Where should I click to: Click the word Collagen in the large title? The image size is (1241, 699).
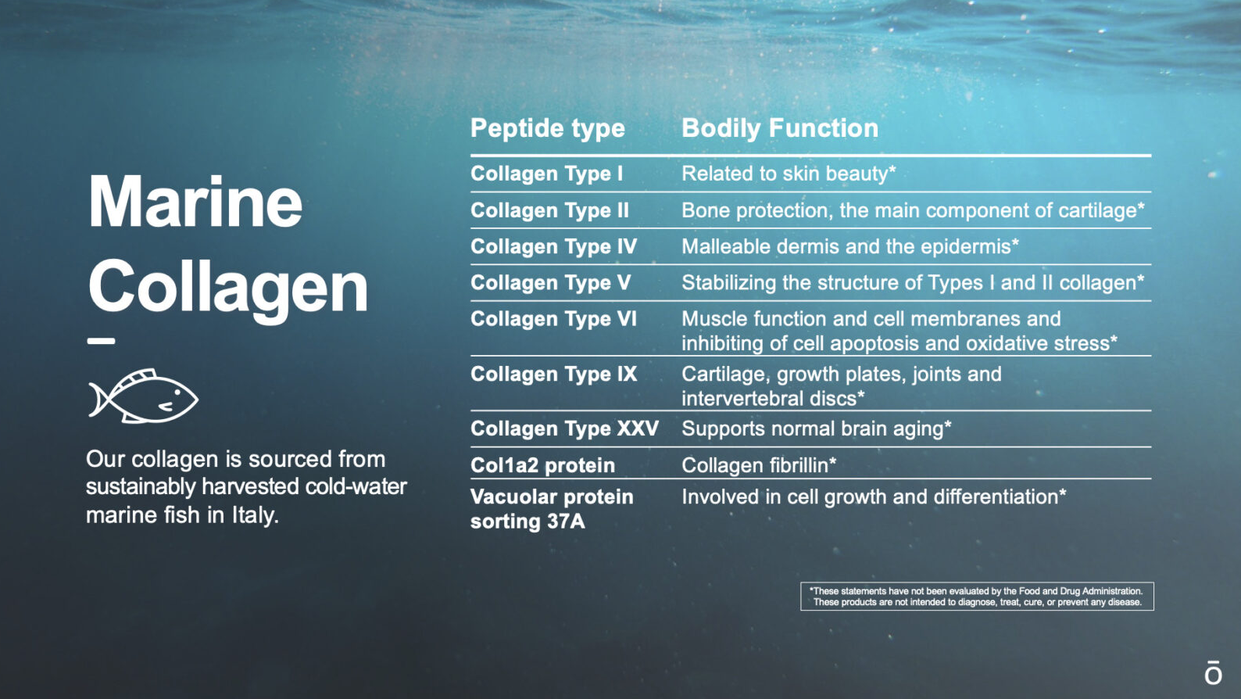227,289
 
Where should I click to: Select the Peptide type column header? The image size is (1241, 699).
547,128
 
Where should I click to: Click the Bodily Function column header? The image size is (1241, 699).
779,128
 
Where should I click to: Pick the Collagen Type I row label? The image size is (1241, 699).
546,174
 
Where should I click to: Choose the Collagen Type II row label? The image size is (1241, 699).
549,210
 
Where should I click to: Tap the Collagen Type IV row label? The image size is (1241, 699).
553,246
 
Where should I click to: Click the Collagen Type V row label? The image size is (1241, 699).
550,283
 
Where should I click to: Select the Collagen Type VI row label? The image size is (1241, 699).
553,319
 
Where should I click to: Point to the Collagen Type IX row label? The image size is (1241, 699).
553,375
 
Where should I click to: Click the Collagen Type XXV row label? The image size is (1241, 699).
564,428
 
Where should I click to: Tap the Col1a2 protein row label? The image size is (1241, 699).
542,465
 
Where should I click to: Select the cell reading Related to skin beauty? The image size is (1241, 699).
789,174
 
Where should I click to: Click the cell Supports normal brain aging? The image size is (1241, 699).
816,428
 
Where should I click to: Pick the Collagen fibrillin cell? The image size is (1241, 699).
759,465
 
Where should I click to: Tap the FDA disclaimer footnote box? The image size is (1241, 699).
977,597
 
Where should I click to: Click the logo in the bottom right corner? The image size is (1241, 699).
1213,672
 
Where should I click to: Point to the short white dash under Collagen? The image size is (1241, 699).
101,342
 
